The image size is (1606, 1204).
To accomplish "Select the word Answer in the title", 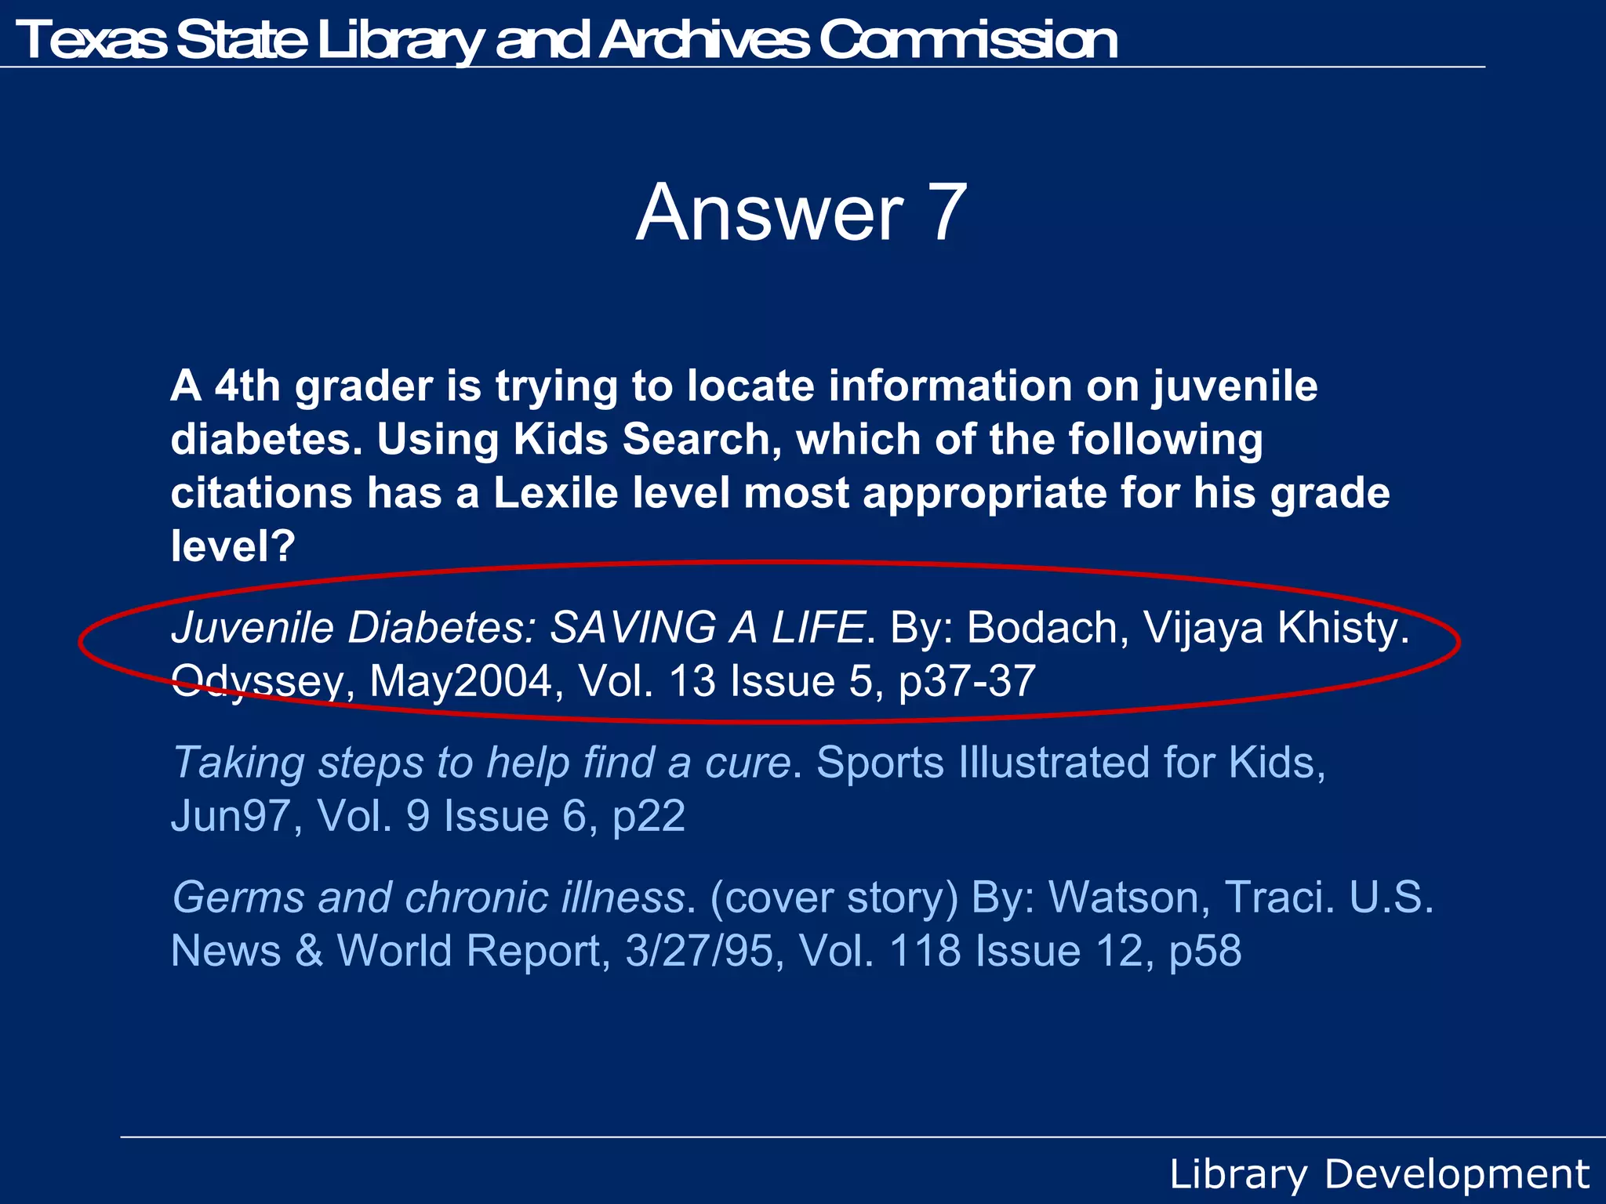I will tap(769, 212).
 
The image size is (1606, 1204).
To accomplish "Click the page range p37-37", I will tap(967, 680).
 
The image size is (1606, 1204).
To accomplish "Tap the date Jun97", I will tap(231, 815).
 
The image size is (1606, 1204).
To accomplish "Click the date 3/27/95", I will tap(699, 950).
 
